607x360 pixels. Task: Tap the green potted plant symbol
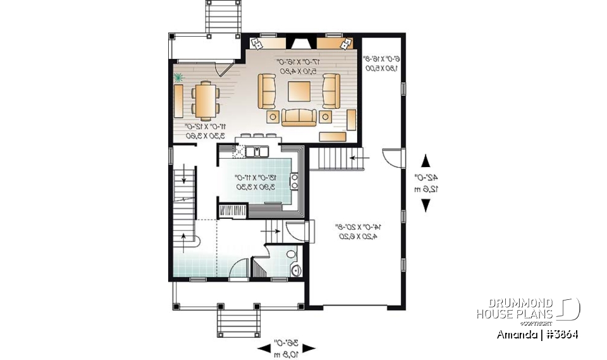pos(179,78)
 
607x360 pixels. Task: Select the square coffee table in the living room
pos(298,92)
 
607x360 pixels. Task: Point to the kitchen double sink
pos(259,151)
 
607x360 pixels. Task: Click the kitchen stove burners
pos(294,182)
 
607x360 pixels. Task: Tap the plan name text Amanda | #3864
pos(538,334)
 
